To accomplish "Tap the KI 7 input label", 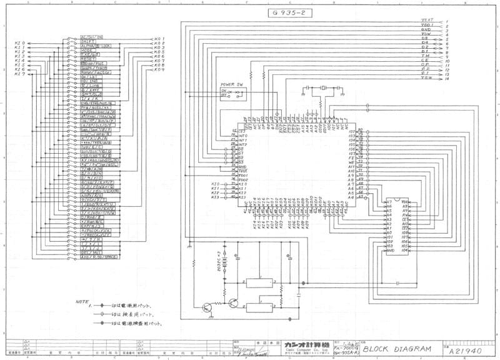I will pyautogui.click(x=19, y=74).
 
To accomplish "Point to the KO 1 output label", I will pyautogui.click(x=159, y=38).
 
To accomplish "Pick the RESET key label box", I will pyautogui.click(x=87, y=59).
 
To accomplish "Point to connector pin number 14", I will pyautogui.click(x=447, y=79).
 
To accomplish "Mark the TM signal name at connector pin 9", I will pyautogui.click(x=425, y=56).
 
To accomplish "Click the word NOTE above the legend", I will pyautogui.click(x=82, y=301).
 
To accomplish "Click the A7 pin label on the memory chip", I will pyautogui.click(x=389, y=202).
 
